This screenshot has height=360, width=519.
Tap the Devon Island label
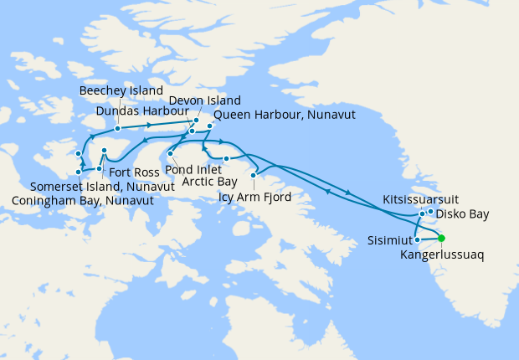pos(204,100)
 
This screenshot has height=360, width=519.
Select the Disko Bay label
pos(462,214)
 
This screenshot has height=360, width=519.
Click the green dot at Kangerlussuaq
pos(442,238)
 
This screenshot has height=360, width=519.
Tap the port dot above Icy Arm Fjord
pos(254,176)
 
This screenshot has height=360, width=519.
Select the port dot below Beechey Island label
pos(118,128)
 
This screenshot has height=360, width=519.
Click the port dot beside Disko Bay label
pos(430,212)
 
